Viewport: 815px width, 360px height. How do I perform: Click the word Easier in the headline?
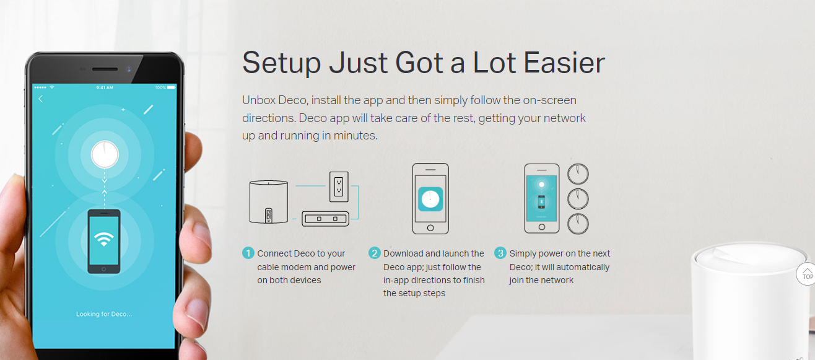coord(564,63)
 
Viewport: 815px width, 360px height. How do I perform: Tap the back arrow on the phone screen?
coord(40,99)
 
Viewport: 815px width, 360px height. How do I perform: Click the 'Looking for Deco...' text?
coord(104,314)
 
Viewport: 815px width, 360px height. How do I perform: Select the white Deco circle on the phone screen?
coord(105,154)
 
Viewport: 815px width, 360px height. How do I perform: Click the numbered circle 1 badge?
coord(248,253)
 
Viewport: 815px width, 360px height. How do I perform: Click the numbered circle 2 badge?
coord(375,253)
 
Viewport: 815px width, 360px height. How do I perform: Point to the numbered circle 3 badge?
coord(500,253)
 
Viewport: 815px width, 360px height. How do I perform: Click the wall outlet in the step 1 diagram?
coord(339,187)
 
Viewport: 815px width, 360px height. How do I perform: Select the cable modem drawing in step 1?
coord(326,219)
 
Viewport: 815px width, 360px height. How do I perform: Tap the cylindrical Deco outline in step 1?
coord(269,201)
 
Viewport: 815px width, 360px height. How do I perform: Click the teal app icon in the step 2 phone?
coord(430,199)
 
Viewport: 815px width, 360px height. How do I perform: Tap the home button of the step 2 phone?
coord(430,228)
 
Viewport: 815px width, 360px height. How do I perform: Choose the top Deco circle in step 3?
coord(578,174)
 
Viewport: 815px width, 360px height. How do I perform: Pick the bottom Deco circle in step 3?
coord(578,224)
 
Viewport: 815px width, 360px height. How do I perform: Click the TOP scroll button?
coord(806,274)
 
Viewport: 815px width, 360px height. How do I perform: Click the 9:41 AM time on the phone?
coord(105,88)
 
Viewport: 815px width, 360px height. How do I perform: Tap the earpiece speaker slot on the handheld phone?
coord(105,69)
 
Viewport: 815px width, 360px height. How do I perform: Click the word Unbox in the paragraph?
coord(259,100)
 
